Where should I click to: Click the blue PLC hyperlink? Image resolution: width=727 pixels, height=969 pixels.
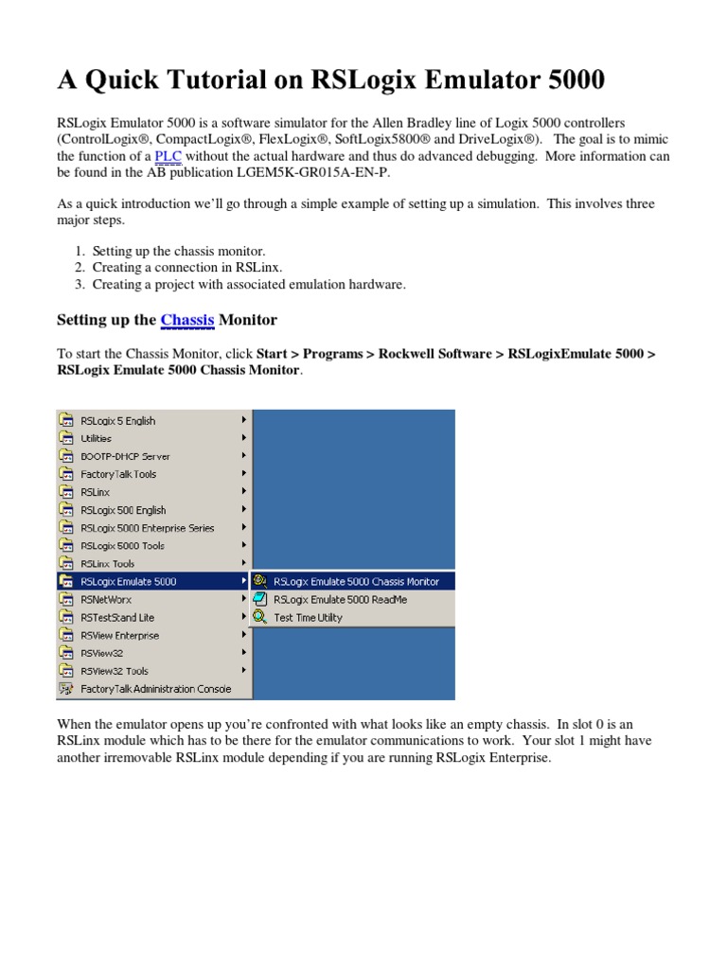(168, 156)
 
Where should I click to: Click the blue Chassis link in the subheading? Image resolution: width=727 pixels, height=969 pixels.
(187, 320)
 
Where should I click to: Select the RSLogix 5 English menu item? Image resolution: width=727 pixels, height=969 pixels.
(118, 421)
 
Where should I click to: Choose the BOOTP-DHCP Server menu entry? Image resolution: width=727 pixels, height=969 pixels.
(125, 456)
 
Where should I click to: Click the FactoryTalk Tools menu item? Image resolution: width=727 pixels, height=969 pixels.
(118, 474)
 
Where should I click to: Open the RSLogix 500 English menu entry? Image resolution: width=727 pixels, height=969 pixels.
(123, 510)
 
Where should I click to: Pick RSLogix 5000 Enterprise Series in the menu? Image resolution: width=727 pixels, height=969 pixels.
(148, 528)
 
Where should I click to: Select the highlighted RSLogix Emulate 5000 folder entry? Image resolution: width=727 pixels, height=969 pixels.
(129, 582)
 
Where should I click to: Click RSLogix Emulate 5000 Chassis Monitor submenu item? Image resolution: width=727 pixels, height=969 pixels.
(356, 582)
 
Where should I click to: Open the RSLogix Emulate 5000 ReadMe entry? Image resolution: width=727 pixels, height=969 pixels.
(340, 600)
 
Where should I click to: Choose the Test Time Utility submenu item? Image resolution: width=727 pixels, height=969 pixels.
(308, 618)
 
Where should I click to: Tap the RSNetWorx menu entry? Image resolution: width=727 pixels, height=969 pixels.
(107, 600)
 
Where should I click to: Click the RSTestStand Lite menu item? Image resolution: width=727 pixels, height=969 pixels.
(117, 618)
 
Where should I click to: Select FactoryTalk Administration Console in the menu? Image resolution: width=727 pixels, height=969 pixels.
(155, 689)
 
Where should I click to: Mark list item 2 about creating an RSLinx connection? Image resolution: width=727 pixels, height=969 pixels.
(187, 268)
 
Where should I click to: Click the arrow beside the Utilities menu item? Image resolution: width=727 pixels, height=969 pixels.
(243, 438)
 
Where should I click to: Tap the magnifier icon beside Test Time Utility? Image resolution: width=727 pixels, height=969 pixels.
(259, 618)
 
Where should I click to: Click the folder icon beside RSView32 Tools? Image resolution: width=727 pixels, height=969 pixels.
(66, 671)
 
